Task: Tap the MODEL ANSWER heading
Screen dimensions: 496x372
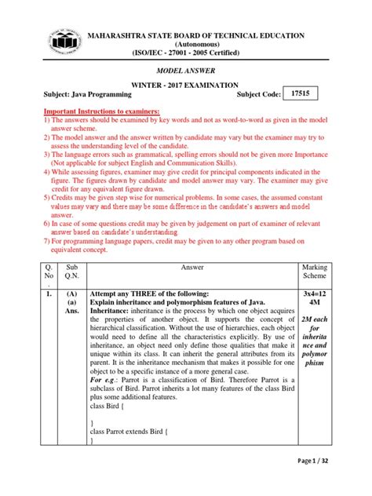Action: click(185, 70)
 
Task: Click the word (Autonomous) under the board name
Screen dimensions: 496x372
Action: click(185, 44)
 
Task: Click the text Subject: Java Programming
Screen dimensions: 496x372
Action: click(75, 95)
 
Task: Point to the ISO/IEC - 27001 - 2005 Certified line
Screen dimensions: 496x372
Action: click(185, 53)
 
